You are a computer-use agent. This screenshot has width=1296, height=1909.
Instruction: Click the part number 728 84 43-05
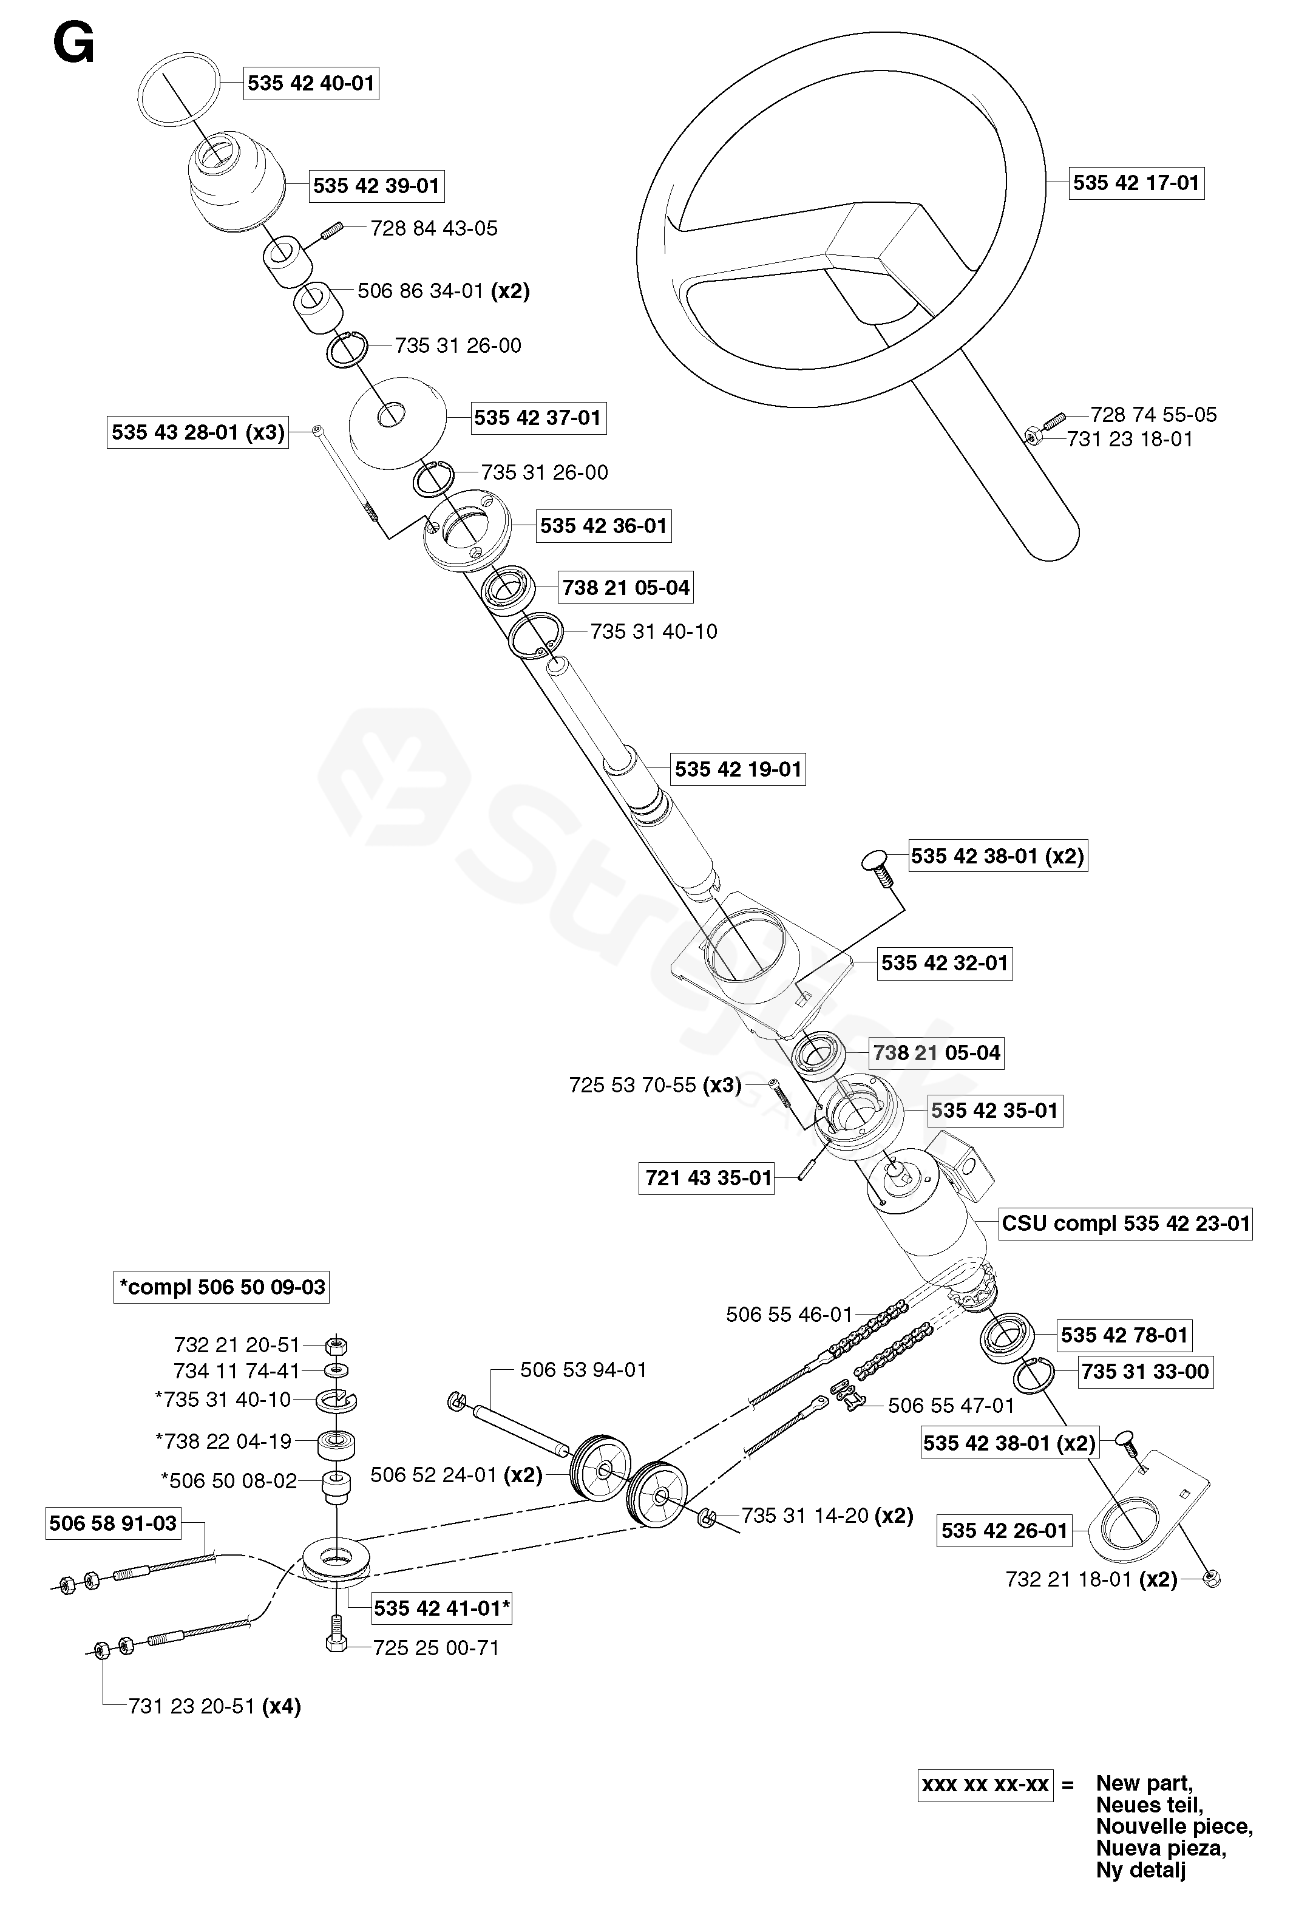[x=433, y=228]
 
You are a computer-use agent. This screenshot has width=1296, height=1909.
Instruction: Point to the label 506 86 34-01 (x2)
[x=444, y=291]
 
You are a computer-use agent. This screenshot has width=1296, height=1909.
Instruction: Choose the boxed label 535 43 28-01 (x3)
[x=197, y=432]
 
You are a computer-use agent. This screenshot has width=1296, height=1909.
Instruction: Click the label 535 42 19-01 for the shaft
[x=738, y=769]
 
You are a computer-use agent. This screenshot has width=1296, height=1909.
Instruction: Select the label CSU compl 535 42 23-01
[x=1125, y=1223]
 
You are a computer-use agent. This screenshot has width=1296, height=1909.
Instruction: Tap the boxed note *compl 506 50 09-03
[x=222, y=1287]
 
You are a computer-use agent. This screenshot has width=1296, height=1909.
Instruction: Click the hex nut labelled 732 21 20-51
[x=335, y=1346]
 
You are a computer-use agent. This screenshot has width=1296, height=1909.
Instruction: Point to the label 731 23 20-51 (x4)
[x=214, y=1707]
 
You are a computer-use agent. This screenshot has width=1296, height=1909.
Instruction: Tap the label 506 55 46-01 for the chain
[x=789, y=1315]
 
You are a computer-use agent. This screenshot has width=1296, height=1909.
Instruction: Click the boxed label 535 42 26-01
[x=1003, y=1530]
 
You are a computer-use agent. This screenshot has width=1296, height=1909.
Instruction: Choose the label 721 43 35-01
[x=707, y=1178]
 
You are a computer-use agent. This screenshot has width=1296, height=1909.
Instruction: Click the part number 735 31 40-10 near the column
[x=654, y=631]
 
